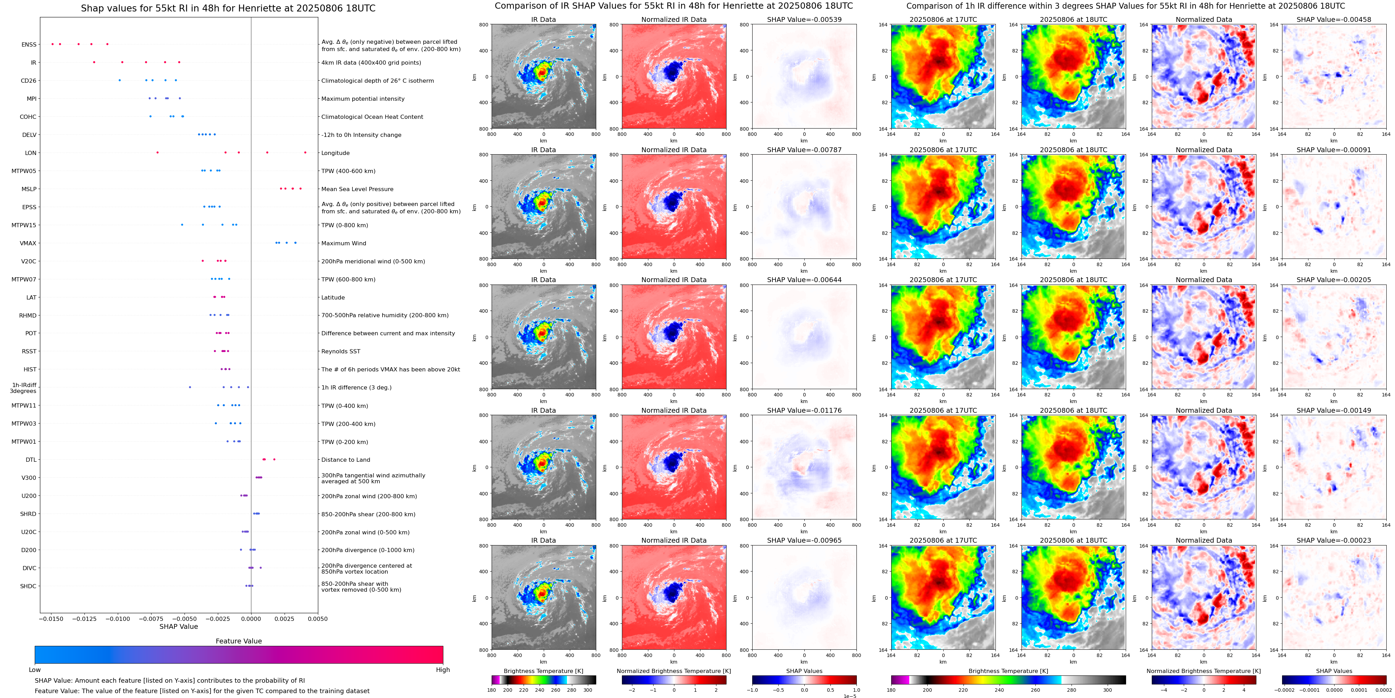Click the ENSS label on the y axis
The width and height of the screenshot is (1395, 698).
pos(29,44)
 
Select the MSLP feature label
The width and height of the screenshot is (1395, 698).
pos(29,189)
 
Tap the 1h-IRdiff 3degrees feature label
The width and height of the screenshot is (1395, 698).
pos(23,388)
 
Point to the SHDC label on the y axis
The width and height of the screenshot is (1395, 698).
pos(28,586)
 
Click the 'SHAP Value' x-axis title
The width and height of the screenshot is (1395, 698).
pos(179,626)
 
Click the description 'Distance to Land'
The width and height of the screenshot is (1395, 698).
pos(345,460)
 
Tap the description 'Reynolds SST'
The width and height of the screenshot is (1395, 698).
pos(340,352)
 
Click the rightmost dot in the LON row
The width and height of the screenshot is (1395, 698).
pos(305,153)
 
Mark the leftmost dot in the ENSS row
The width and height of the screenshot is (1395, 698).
pos(52,44)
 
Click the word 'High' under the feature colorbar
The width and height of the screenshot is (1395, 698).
pos(443,670)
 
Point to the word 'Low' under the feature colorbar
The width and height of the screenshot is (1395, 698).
pos(35,670)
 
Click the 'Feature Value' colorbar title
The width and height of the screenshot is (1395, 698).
pos(239,641)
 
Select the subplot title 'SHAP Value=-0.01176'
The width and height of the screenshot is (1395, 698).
pos(804,410)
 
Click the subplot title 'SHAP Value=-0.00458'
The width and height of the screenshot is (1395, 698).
pos(1334,19)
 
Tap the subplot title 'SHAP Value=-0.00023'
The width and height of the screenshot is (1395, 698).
pos(1334,540)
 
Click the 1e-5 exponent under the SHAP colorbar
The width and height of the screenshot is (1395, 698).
pos(850,696)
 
